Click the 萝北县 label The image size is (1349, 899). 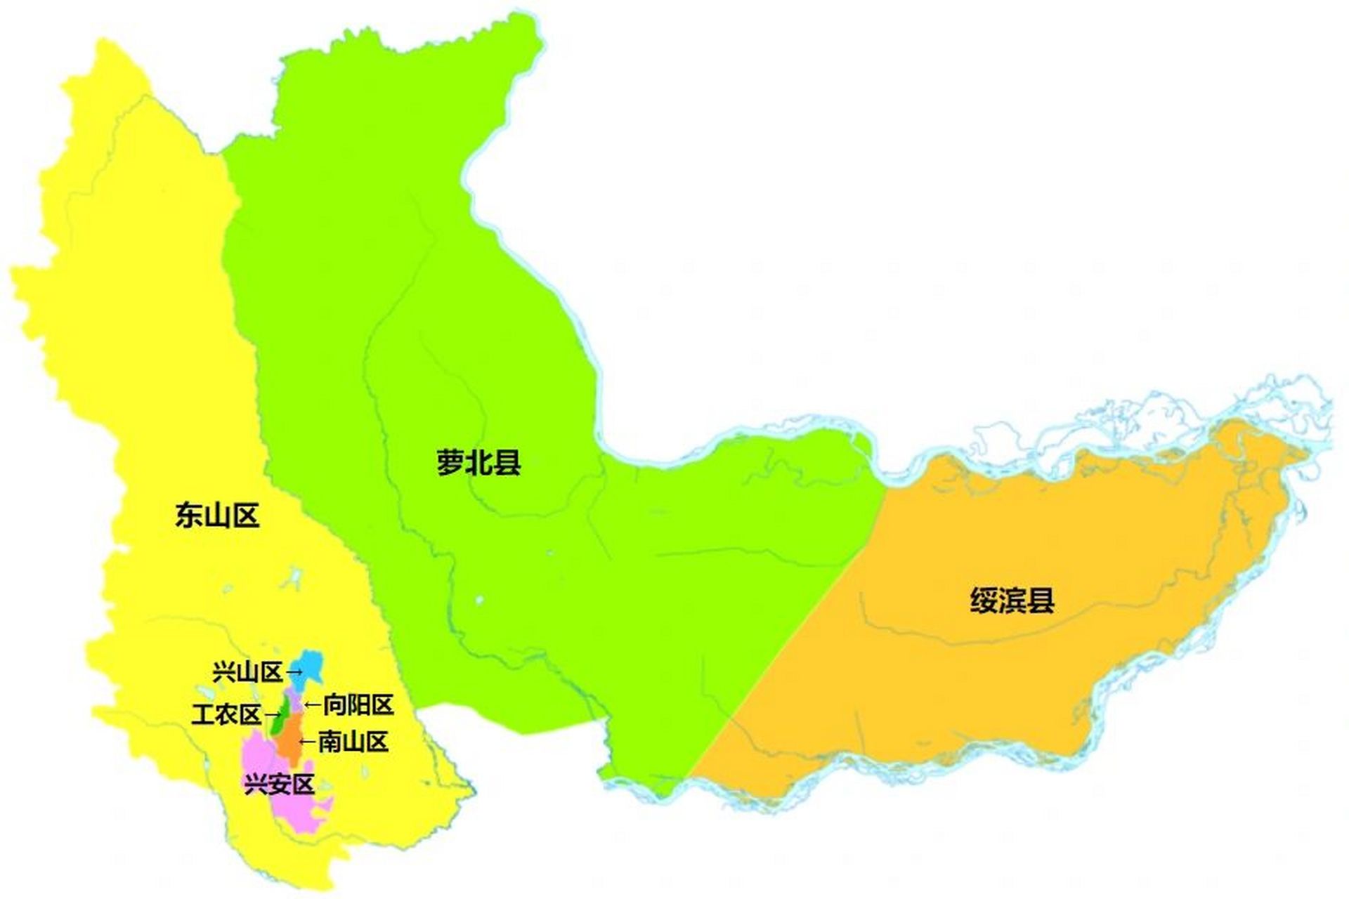478,464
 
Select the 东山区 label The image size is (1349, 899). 217,516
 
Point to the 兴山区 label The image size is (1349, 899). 247,672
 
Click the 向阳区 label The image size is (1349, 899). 358,704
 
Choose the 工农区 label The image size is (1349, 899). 226,715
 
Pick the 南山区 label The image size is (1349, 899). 353,742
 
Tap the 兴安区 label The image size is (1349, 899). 279,784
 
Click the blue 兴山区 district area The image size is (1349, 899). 309,666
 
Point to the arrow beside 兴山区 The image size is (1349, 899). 294,672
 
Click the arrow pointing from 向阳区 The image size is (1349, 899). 313,704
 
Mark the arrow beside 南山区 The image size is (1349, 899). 308,742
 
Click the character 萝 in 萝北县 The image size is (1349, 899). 450,464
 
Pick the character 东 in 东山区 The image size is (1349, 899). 189,516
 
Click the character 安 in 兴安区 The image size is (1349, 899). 279,784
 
